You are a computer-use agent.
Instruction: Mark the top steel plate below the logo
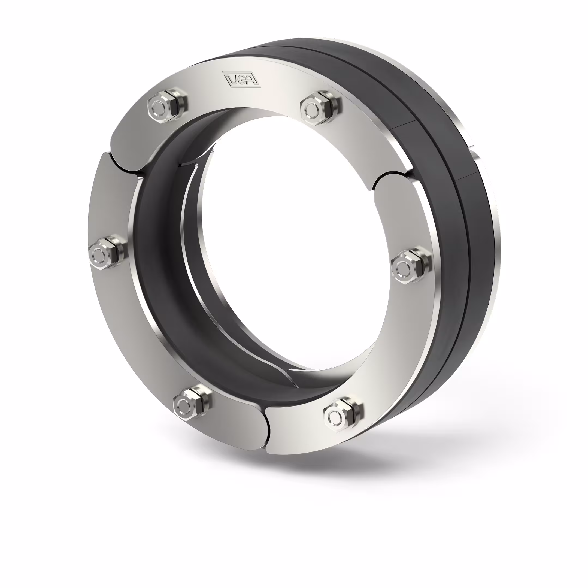coord(244,97)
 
